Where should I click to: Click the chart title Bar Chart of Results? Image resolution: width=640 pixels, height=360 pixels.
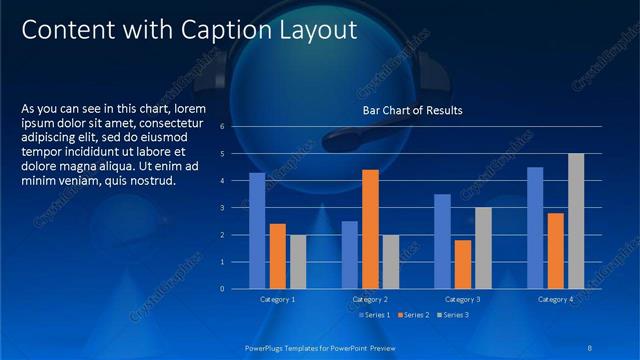point(412,109)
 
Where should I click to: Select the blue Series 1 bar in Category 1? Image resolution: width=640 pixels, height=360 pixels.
point(257,230)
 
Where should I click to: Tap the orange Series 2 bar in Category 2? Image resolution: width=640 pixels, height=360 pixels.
point(370,229)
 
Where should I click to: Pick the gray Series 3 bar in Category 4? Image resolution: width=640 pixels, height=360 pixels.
point(576,221)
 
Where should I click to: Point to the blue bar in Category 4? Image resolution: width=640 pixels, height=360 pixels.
point(535,227)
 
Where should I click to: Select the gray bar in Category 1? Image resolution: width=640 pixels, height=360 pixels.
point(298,261)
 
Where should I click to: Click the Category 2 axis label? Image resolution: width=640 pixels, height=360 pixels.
point(370,299)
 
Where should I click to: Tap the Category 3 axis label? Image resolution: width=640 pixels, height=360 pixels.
point(462,299)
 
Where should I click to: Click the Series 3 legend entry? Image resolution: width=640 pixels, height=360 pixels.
point(453,315)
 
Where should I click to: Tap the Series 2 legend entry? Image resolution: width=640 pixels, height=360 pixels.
point(414,315)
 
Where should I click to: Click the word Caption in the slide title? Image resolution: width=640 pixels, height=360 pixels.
point(226,31)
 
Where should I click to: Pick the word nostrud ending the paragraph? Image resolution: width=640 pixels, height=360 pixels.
point(150,181)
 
